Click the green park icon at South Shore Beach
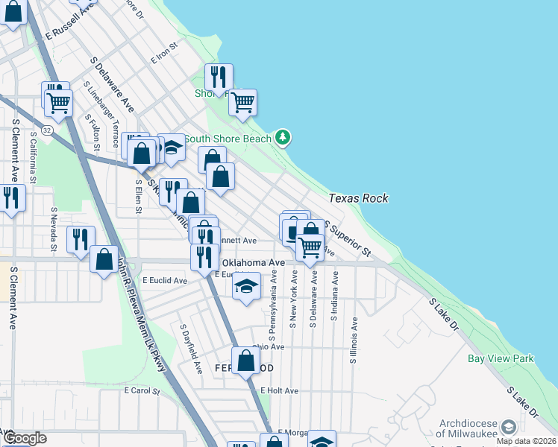pyautogui.click(x=282, y=137)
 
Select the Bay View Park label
pyautogui.click(x=501, y=358)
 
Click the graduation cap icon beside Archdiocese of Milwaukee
pyautogui.click(x=509, y=427)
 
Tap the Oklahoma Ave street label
pyautogui.click(x=253, y=263)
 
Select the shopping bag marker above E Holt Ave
pyautogui.click(x=245, y=361)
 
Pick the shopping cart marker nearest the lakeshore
pyautogui.click(x=242, y=103)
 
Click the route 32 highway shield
pyautogui.click(x=47, y=130)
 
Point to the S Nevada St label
pyautogui.click(x=54, y=219)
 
